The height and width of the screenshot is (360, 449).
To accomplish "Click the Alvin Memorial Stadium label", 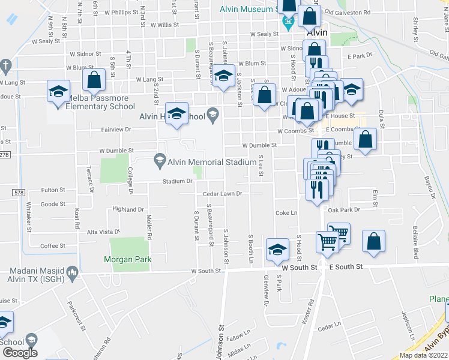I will pyautogui.click(x=203, y=162).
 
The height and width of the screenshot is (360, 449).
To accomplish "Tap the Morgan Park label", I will pyautogui.click(x=127, y=259).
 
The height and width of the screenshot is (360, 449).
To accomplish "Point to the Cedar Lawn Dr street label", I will pyautogui.click(x=222, y=194).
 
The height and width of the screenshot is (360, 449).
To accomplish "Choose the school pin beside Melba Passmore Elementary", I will pyautogui.click(x=58, y=91).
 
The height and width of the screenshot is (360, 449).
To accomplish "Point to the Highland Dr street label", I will pyautogui.click(x=128, y=210).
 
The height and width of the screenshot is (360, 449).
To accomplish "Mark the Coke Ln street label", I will pyautogui.click(x=286, y=213).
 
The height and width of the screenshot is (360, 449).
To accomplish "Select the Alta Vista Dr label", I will pyautogui.click(x=104, y=232).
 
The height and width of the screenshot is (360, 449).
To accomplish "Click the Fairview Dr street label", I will pyautogui.click(x=116, y=130).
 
